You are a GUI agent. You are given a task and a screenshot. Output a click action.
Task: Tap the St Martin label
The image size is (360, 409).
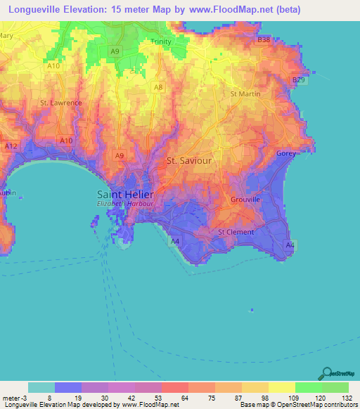[x=245, y=93]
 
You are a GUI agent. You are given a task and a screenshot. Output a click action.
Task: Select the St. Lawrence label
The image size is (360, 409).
[x=61, y=103]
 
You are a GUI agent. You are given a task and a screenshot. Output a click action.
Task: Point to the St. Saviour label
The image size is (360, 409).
[x=189, y=160]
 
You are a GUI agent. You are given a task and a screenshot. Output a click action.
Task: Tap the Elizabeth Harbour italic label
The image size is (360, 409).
[x=125, y=204]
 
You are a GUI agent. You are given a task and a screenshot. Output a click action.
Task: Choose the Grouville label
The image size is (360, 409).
[x=246, y=200]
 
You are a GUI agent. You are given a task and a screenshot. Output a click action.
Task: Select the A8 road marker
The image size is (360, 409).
[x=159, y=87]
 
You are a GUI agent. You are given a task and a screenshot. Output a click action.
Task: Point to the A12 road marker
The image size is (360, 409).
[x=11, y=146]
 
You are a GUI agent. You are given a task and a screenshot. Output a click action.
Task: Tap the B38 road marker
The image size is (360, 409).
[x=264, y=40]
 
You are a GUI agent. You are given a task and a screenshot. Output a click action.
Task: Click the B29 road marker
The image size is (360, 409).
[x=300, y=81]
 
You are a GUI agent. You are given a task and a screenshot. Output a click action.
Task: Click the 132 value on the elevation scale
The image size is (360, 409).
[x=345, y=397]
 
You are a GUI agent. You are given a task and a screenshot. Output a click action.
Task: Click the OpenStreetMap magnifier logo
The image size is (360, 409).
[x=326, y=373]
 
